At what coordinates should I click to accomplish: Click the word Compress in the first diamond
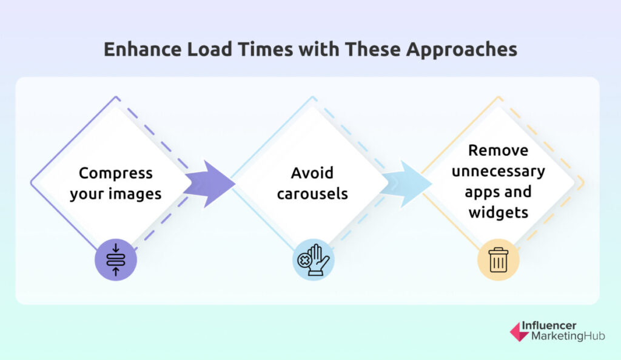click(116, 174)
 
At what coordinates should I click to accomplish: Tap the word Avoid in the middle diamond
click(312, 173)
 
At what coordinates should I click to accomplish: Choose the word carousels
click(312, 194)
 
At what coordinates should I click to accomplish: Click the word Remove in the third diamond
click(498, 150)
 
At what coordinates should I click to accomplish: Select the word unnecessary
click(498, 172)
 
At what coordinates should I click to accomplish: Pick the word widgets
click(498, 213)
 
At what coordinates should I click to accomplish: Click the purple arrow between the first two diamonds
click(209, 184)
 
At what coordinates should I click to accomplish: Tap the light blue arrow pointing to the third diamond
click(406, 184)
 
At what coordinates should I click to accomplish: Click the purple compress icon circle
click(116, 260)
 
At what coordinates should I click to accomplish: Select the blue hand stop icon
click(314, 260)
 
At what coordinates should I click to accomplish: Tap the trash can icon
click(498, 260)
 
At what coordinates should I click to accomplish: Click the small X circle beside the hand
click(304, 261)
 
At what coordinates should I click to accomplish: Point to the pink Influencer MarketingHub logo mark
click(519, 332)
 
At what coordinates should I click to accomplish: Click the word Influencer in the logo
click(549, 325)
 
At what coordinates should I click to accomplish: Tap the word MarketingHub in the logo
click(568, 336)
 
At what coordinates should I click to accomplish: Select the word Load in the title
click(209, 50)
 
